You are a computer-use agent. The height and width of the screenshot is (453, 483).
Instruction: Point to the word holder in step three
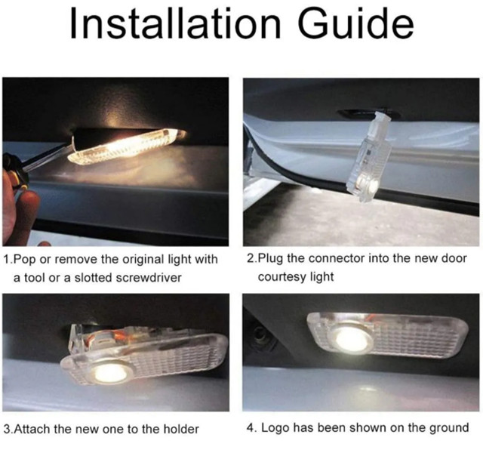[180, 429]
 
